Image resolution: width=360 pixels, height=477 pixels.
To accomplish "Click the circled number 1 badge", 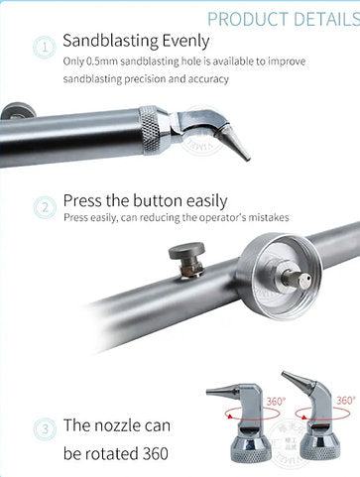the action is point(45,48).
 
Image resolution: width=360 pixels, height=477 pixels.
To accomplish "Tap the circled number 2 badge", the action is point(45,207).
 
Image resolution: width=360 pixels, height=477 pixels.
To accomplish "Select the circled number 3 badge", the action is point(45,428).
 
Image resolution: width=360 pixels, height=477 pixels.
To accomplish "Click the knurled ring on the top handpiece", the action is point(149,130).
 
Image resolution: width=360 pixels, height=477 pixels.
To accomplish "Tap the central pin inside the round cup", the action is point(297,280).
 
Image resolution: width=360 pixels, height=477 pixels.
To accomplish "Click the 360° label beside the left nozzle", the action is point(276,402).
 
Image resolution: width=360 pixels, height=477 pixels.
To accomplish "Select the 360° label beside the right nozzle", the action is point(345,401).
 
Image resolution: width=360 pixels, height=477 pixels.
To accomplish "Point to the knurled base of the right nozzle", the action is point(320,446).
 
